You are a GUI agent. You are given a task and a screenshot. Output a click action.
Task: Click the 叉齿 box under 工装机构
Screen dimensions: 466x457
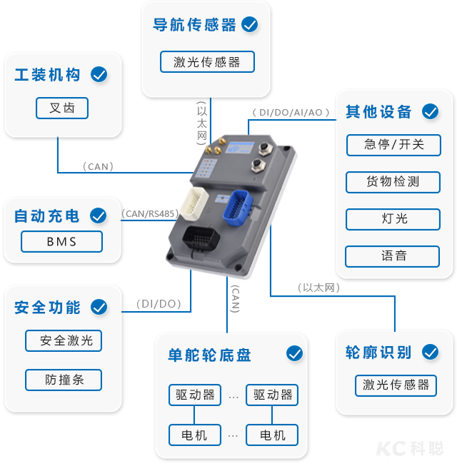coord(62,108)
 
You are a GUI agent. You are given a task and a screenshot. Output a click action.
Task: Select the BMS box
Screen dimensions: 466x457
coord(61,241)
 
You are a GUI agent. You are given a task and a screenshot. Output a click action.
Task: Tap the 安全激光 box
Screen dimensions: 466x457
coord(64,340)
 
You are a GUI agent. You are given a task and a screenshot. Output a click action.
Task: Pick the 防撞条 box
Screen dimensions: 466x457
coord(64,380)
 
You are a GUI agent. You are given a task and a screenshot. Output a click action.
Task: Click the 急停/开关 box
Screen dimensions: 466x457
coord(393,144)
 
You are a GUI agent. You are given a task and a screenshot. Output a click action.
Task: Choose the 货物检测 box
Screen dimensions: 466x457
coord(393,182)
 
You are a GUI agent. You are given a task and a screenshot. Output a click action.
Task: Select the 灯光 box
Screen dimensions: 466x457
coord(393,218)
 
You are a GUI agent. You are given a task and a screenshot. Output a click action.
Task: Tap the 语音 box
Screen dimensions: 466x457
coord(393,255)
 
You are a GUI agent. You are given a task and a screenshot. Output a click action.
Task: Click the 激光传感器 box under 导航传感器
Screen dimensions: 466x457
coord(207,62)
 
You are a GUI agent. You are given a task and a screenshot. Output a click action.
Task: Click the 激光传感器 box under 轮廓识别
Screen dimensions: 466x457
coord(396,385)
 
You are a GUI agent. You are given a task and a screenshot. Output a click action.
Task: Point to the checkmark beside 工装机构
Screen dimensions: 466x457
coord(99,74)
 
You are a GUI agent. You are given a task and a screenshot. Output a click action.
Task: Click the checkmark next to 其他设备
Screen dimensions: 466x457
coord(430,112)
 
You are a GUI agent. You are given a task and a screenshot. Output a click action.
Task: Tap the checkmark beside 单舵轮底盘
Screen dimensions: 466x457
coord(293,354)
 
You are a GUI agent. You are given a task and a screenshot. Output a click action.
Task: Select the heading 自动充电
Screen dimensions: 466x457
coord(47,216)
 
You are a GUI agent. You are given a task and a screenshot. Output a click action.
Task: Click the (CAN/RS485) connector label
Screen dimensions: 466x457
coord(149,213)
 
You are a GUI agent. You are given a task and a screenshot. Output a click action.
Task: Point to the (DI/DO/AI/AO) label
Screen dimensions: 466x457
coord(288,112)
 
